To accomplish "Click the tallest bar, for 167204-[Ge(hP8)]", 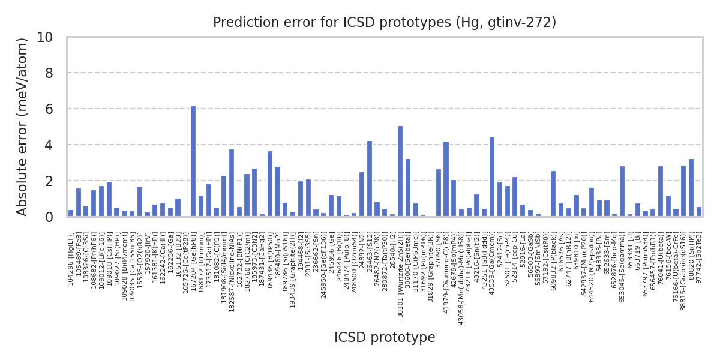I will (x=193, y=161).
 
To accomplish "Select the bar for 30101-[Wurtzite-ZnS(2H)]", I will (x=400, y=172).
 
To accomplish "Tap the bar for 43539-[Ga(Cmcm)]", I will (x=492, y=177).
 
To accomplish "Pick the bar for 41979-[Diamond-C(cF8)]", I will (x=446, y=179).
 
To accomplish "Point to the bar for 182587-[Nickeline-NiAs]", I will (x=232, y=183).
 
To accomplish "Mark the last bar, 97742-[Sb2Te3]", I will (x=699, y=212).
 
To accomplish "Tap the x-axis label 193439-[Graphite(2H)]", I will (x=293, y=270).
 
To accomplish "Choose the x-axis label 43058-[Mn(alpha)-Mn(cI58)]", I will (x=461, y=279).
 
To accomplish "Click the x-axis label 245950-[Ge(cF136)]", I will (x=323, y=265).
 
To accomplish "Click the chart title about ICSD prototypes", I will (x=385, y=23).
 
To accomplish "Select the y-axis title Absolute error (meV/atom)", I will (x=23, y=127).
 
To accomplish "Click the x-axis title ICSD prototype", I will (x=385, y=338).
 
